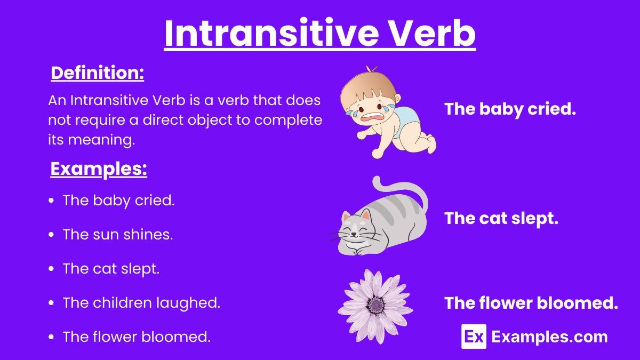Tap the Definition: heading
coord(98,73)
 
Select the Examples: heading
coord(99,169)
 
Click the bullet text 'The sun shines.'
coord(118,234)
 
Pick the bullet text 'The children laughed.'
coord(141,302)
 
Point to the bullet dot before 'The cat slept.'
coord(51,269)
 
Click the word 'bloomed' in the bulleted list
coord(176,337)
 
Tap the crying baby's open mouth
coord(372,117)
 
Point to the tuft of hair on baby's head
coord(371,69)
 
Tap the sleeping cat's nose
coord(354,234)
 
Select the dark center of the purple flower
coord(377,306)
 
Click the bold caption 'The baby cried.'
coord(510,109)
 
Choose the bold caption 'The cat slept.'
coord(501,219)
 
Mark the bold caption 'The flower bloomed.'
coord(531,303)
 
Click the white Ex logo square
coord(474,337)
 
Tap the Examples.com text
coord(549,337)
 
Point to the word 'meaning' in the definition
coord(101,140)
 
